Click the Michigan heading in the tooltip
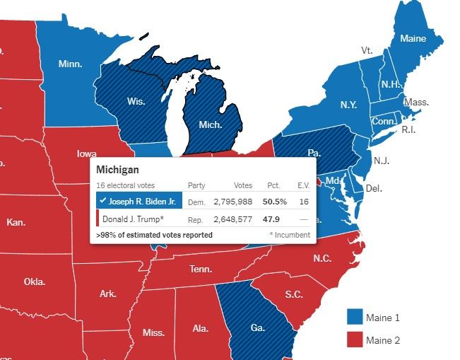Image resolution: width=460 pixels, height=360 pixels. click(x=117, y=170)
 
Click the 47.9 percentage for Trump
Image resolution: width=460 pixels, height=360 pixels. click(x=272, y=219)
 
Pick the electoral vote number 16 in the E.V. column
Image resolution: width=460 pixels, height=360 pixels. click(x=304, y=202)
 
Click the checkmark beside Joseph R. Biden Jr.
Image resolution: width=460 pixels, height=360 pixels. click(x=103, y=202)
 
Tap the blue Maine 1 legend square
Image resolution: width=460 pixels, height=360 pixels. click(x=355, y=318)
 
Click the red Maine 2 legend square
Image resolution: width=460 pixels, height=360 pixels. click(x=355, y=340)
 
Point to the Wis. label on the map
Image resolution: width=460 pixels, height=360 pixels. click(x=136, y=102)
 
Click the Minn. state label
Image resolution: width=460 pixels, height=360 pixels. click(x=70, y=64)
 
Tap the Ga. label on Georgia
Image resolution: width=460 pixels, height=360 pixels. click(x=258, y=328)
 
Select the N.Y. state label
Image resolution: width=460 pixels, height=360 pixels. click(x=348, y=105)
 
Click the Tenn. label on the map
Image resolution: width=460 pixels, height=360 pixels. click(x=201, y=269)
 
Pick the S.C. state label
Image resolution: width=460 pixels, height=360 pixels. click(x=294, y=294)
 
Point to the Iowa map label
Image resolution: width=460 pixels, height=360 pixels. click(x=87, y=153)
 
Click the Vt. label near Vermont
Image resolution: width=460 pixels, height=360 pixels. click(x=367, y=50)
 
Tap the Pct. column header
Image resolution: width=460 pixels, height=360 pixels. click(x=273, y=185)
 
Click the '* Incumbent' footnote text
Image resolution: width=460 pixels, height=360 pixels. click(x=289, y=234)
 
